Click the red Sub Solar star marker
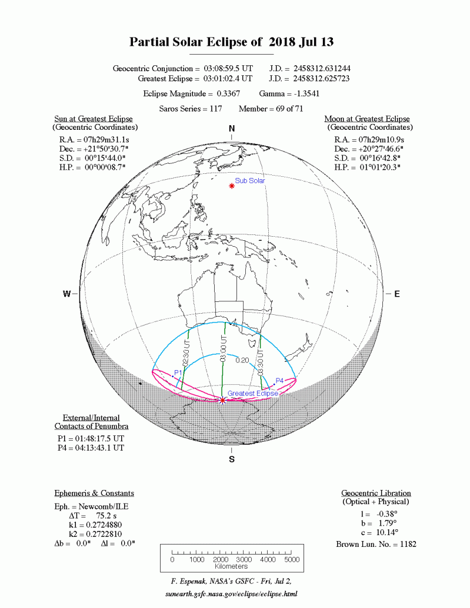(232, 186)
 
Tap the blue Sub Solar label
(250, 181)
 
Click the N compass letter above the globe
(232, 129)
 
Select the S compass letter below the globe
(232, 459)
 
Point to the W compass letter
(67, 294)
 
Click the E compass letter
(396, 294)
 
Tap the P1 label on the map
(178, 373)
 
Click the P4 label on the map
(279, 381)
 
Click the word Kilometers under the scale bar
(231, 566)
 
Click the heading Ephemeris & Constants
(94, 493)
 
